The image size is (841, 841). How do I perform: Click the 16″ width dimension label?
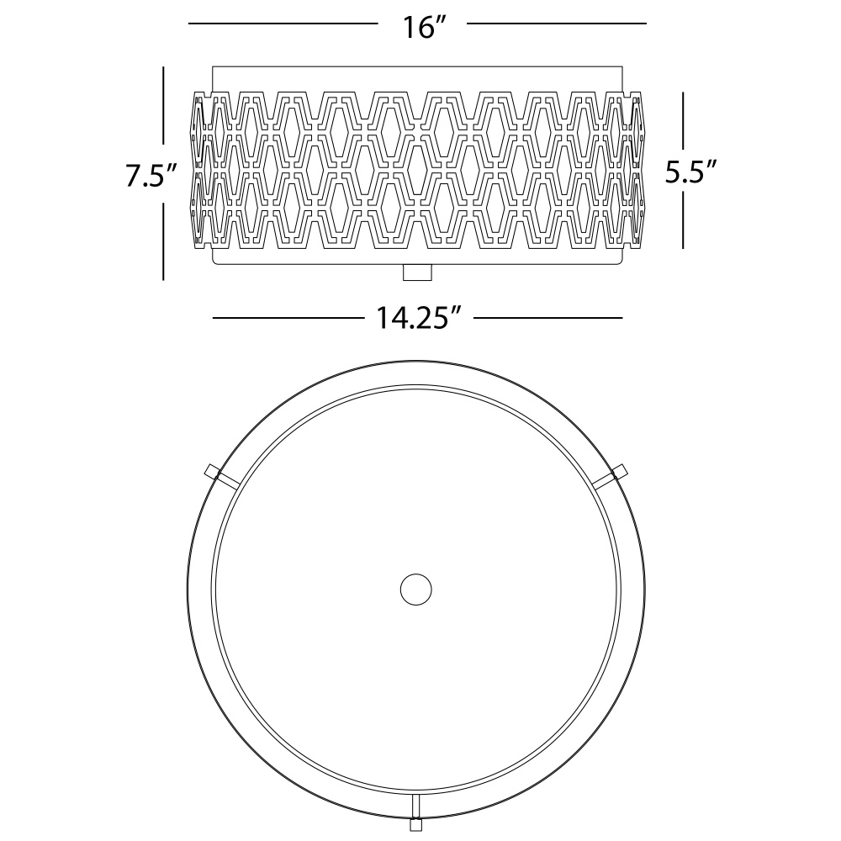point(424,27)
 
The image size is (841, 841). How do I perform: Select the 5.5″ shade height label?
point(690,171)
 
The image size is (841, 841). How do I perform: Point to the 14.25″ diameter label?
point(419,318)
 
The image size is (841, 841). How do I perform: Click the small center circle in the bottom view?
point(416,590)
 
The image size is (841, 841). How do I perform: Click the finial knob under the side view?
point(417,272)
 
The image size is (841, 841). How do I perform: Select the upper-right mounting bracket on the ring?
point(611,476)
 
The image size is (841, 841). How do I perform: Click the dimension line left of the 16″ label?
point(283,24)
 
